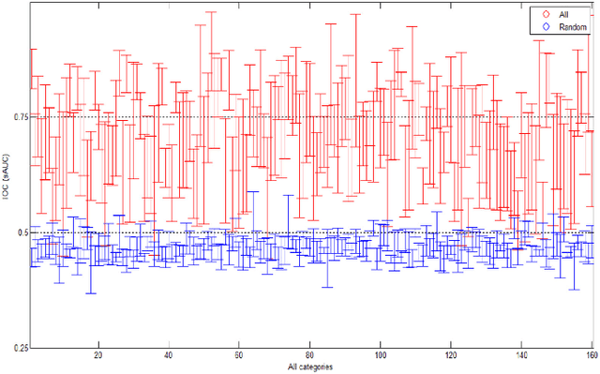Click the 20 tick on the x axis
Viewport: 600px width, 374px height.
[97, 356]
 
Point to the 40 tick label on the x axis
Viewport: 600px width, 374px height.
[168, 356]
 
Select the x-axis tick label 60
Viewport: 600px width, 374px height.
[238, 356]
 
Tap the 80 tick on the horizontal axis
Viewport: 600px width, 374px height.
[309, 356]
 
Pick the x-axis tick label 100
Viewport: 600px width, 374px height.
[380, 356]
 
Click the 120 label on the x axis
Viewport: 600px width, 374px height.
[451, 356]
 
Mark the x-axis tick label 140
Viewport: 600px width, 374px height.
[521, 356]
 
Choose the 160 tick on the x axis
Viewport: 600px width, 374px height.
[592, 356]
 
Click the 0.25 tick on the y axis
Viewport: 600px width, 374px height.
[19, 348]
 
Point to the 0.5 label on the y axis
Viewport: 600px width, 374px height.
[21, 232]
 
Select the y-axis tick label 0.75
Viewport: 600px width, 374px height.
[19, 117]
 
